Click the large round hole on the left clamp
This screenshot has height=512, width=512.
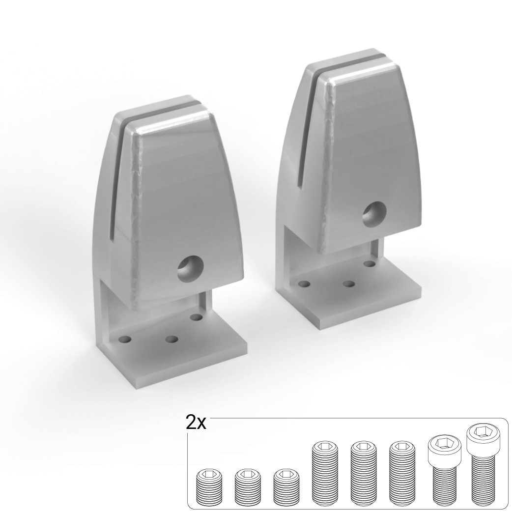pos(190,269)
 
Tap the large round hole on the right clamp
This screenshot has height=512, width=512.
pos(375,214)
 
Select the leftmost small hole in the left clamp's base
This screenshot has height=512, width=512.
pos(125,339)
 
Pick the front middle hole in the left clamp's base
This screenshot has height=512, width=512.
pos(171,340)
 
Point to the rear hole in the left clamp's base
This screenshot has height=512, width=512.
pos(197,317)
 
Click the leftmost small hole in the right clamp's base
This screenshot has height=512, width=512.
pos(304,284)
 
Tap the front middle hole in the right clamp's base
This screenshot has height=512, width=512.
pos(349,284)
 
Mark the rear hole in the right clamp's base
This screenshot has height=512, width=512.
pos(370,263)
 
